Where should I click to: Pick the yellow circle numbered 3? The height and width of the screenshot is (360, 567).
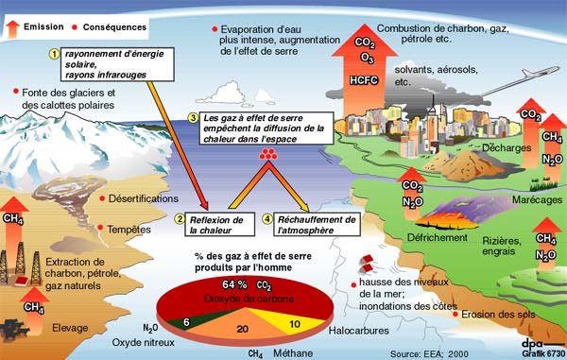click(193, 117)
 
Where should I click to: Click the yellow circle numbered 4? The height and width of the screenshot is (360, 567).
click(266, 219)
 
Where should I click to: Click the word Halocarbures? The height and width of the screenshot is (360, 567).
click(342, 333)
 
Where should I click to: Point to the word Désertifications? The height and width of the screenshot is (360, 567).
click(143, 199)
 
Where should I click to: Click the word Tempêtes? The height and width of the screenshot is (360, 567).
click(130, 228)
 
